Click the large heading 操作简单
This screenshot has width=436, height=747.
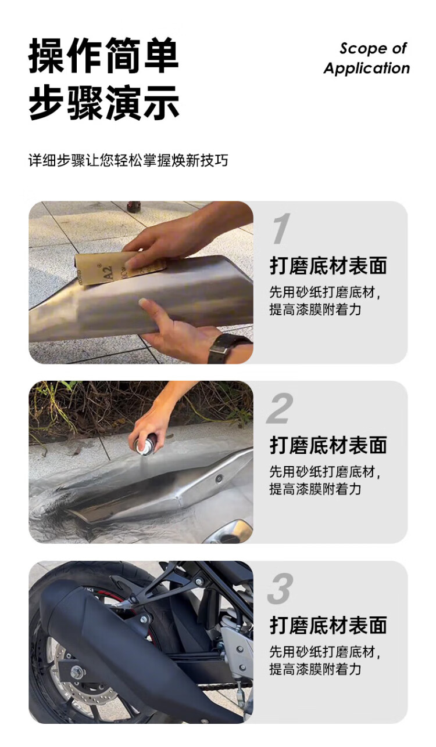click(x=103, y=55)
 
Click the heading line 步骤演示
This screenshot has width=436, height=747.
click(x=103, y=102)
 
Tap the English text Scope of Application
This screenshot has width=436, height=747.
click(x=366, y=59)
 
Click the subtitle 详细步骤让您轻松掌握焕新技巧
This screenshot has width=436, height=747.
click(x=128, y=160)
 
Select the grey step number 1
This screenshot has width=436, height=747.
click(x=280, y=229)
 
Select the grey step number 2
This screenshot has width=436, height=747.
click(x=280, y=409)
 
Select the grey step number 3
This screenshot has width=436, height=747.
click(x=280, y=589)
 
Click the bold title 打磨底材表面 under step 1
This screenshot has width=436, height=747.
click(x=328, y=266)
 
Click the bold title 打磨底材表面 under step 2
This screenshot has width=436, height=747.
click(x=328, y=446)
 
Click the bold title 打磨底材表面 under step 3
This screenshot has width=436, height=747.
click(x=328, y=626)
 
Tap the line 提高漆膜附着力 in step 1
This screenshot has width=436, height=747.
click(x=316, y=309)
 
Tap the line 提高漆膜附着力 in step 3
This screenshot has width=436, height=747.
click(x=316, y=669)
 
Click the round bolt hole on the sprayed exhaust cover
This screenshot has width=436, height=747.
click(x=219, y=479)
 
